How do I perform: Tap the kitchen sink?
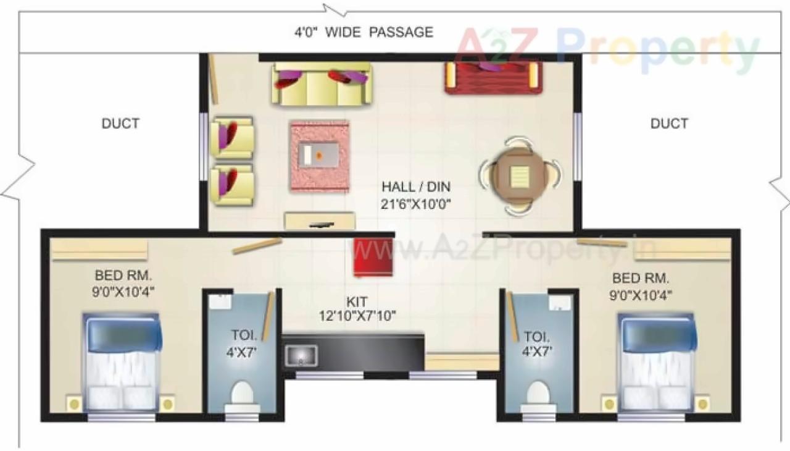pyautogui.click(x=301, y=355)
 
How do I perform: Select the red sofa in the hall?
pyautogui.click(x=493, y=78)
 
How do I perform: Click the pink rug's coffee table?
pyautogui.click(x=318, y=154)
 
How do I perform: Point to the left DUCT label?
pyautogui.click(x=120, y=124)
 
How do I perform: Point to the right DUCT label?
pyautogui.click(x=669, y=124)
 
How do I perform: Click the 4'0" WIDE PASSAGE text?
pyautogui.click(x=364, y=32)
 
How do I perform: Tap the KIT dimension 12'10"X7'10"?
pyautogui.click(x=357, y=316)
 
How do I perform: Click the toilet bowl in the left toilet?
pyautogui.click(x=241, y=394)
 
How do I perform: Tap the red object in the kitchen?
pyautogui.click(x=373, y=258)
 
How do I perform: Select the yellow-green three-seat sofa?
pyautogui.click(x=322, y=83)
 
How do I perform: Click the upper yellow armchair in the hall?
pyautogui.click(x=231, y=137)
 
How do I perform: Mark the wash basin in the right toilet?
pyautogui.click(x=561, y=303)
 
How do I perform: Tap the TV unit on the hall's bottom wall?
pyautogui.click(x=320, y=221)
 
